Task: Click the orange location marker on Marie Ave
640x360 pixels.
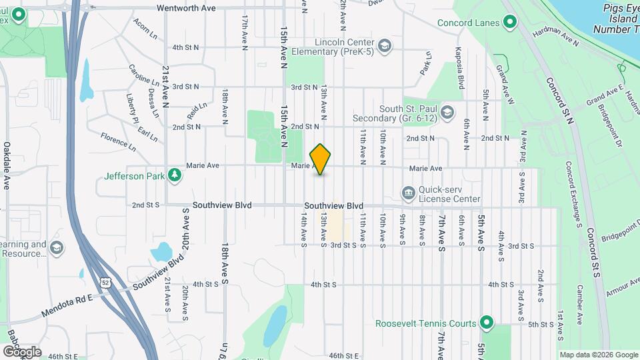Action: coord(321,159)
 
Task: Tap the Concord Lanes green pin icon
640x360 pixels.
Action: coord(510,23)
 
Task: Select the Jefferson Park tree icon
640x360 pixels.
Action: coord(174,176)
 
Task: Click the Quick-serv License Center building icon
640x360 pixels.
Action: coord(407,193)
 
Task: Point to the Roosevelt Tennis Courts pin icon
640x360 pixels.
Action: coord(487,323)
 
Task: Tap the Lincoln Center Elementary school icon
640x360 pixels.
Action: coord(384,46)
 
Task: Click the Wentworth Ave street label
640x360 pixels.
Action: coord(186,8)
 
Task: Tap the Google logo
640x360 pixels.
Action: coord(21,351)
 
